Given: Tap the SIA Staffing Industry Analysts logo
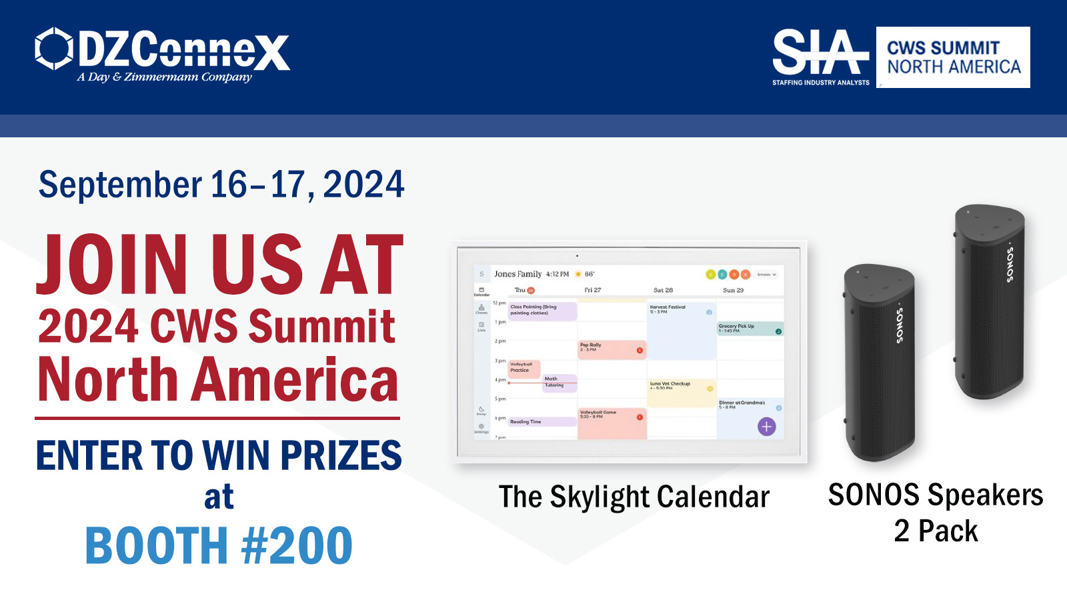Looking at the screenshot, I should (x=821, y=57).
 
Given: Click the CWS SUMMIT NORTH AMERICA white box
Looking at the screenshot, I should (x=953, y=57).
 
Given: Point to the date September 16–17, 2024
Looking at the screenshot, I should (x=221, y=185).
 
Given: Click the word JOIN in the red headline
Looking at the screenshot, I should (x=112, y=265).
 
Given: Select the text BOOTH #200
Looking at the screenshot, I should (x=219, y=545).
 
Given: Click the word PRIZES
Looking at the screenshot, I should (x=341, y=456).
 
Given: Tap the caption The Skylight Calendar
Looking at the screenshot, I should (x=634, y=497).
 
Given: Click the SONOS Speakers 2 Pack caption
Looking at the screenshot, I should (x=936, y=512).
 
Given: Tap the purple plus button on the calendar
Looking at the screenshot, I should (x=767, y=427).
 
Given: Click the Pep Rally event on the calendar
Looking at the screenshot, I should (x=612, y=349).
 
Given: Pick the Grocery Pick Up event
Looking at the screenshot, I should (x=750, y=329).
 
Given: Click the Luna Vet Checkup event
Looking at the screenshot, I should (x=681, y=392).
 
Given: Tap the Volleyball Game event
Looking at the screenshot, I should (x=612, y=422).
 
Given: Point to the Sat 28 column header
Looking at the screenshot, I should (x=663, y=290).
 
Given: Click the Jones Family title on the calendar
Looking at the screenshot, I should (x=517, y=274).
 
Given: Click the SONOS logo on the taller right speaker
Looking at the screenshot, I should (x=1010, y=264).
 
